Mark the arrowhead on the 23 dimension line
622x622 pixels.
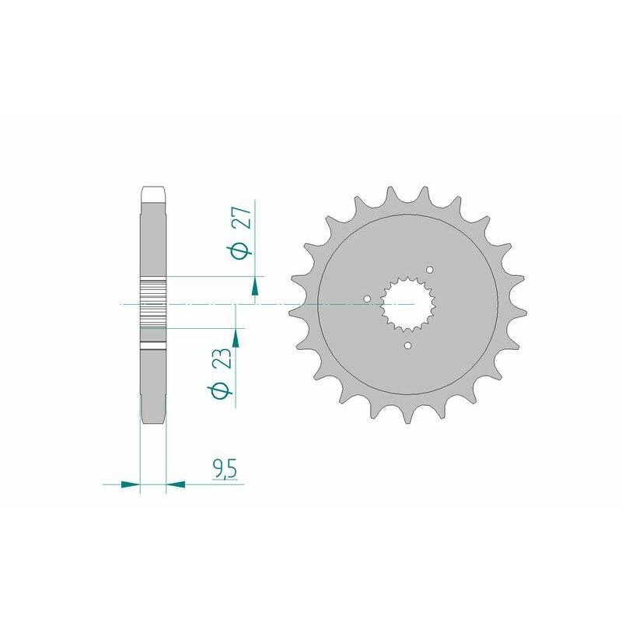coord(235,337)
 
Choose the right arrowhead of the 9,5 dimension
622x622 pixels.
coord(176,484)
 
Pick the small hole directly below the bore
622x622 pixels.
coord(409,344)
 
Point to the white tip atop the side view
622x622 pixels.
coord(153,191)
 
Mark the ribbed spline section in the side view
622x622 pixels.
coord(153,303)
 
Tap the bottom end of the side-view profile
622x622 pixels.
coord(153,420)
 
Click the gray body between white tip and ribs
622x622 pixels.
coord(153,237)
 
